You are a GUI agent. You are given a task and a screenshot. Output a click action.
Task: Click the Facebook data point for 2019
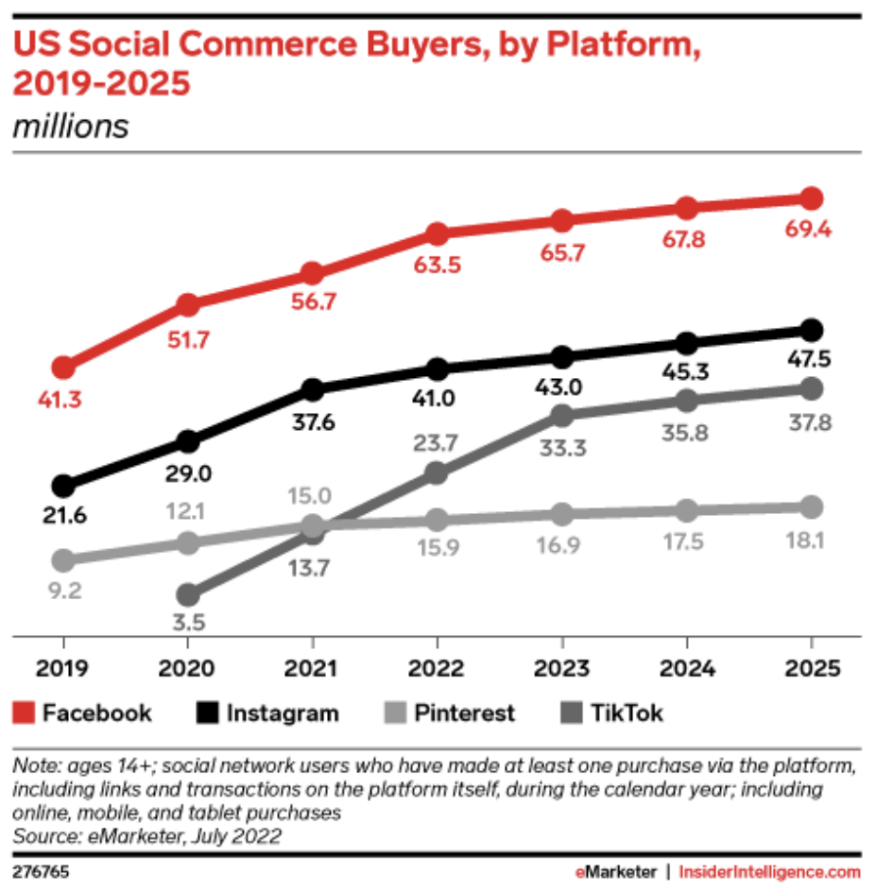[63, 368]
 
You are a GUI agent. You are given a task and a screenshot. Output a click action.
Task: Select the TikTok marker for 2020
[188, 595]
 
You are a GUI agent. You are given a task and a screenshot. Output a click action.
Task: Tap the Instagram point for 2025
[811, 330]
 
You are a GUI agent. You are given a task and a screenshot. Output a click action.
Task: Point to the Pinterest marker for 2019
[63, 560]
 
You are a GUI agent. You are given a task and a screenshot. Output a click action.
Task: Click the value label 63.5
[437, 266]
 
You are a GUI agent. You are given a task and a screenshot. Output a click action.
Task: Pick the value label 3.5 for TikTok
[188, 623]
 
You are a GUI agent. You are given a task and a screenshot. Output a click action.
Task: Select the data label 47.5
[811, 361]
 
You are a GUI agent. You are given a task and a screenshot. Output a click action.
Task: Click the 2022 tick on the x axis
[437, 668]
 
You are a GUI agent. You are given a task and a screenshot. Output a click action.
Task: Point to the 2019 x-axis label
[63, 668]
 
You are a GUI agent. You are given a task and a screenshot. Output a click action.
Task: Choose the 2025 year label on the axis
[811, 668]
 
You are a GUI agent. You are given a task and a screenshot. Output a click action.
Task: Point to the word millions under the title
[70, 126]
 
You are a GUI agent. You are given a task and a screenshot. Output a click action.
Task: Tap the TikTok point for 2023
[561, 416]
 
